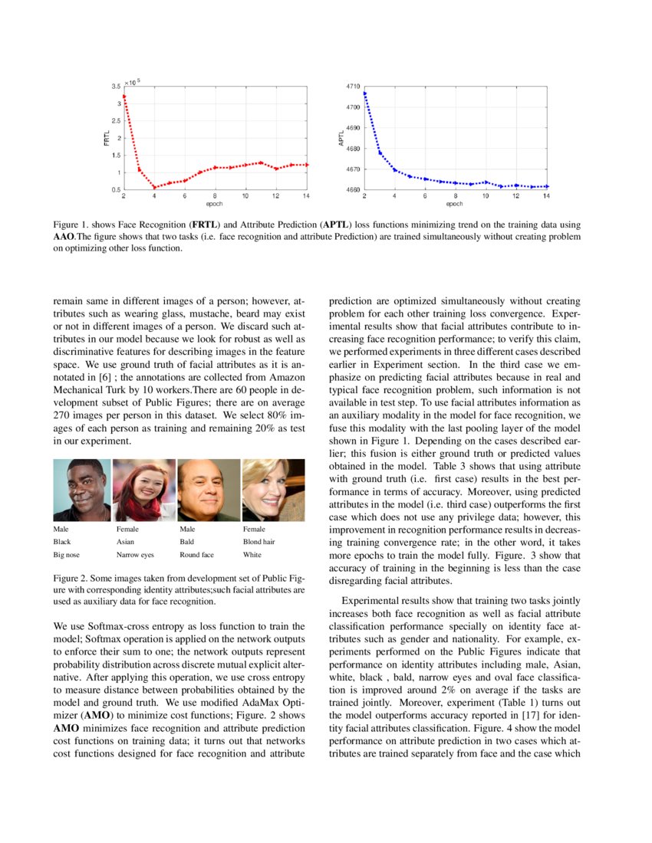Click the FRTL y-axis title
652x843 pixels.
click(x=107, y=138)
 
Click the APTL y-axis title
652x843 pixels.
click(x=341, y=138)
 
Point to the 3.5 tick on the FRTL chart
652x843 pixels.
click(x=115, y=86)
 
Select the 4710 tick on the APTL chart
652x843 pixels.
click(x=351, y=87)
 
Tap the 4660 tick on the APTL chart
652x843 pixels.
click(x=351, y=189)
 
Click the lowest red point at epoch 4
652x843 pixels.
click(x=154, y=187)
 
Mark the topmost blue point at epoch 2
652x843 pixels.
click(x=364, y=93)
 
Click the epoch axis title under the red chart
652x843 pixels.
click(x=215, y=204)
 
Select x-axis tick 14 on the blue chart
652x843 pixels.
click(x=547, y=196)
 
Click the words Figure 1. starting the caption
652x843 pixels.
click(x=71, y=225)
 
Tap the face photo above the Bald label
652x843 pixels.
click(x=209, y=490)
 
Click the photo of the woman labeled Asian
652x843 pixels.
click(x=144, y=490)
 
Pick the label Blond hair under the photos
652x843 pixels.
click(x=260, y=541)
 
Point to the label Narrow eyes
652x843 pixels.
click(x=135, y=553)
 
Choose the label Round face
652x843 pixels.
click(x=196, y=553)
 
